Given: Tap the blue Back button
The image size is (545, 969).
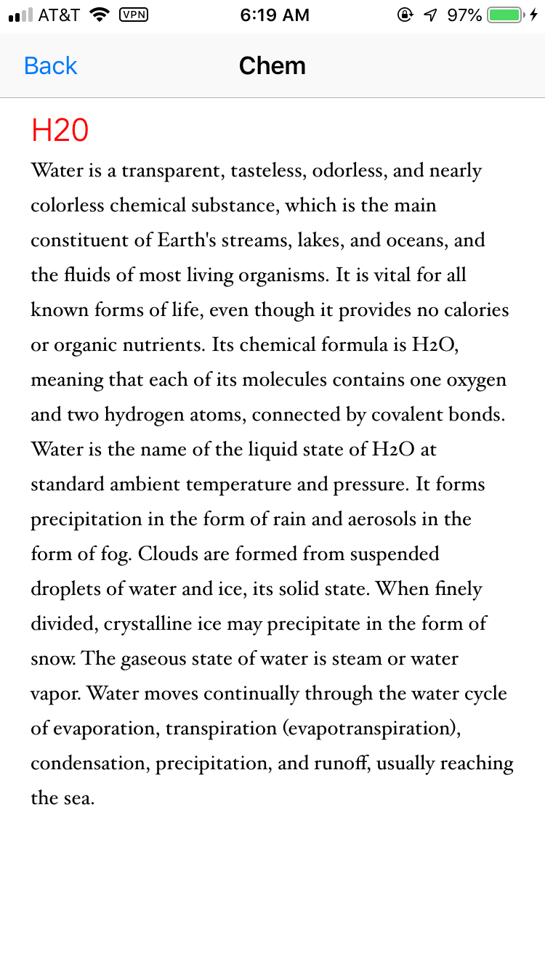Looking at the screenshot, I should click(50, 66).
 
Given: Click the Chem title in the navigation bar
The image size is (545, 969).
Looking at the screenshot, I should click(272, 66).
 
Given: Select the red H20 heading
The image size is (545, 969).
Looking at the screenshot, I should click(60, 131).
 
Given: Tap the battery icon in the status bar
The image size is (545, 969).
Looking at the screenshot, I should click(505, 15).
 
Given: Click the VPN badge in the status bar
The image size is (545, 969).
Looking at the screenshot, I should click(133, 15).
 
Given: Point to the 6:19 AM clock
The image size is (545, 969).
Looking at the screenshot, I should click(275, 15).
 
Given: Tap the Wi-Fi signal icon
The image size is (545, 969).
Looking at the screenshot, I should click(99, 15).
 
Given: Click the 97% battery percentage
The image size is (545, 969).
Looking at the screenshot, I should click(464, 15).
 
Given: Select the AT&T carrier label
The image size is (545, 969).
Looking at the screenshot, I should click(59, 15).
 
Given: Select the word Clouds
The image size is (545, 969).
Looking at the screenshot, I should click(168, 554).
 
